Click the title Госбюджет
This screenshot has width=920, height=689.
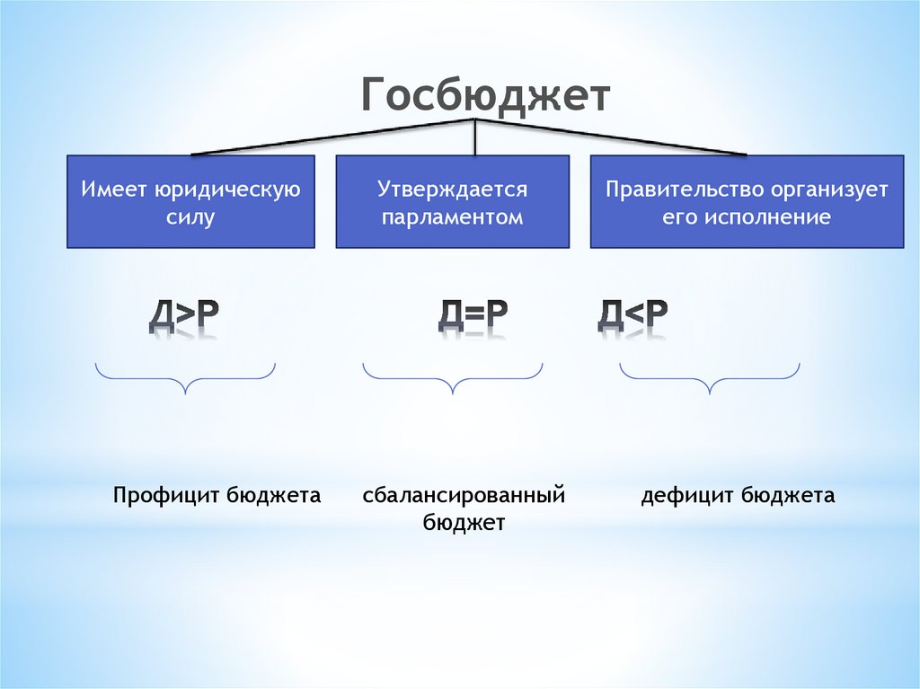click(x=486, y=96)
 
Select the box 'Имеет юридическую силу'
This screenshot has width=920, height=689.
click(x=190, y=201)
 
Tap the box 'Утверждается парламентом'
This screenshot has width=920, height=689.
click(x=452, y=201)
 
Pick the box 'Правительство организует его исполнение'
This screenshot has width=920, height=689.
click(x=746, y=201)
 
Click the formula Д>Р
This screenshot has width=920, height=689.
click(x=184, y=315)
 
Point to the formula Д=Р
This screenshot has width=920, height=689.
click(x=473, y=315)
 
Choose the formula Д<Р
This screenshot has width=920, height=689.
click(x=632, y=315)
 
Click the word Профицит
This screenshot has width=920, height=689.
click(x=166, y=496)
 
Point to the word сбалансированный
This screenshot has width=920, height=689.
click(x=464, y=496)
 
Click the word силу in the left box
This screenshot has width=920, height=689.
click(x=190, y=217)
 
